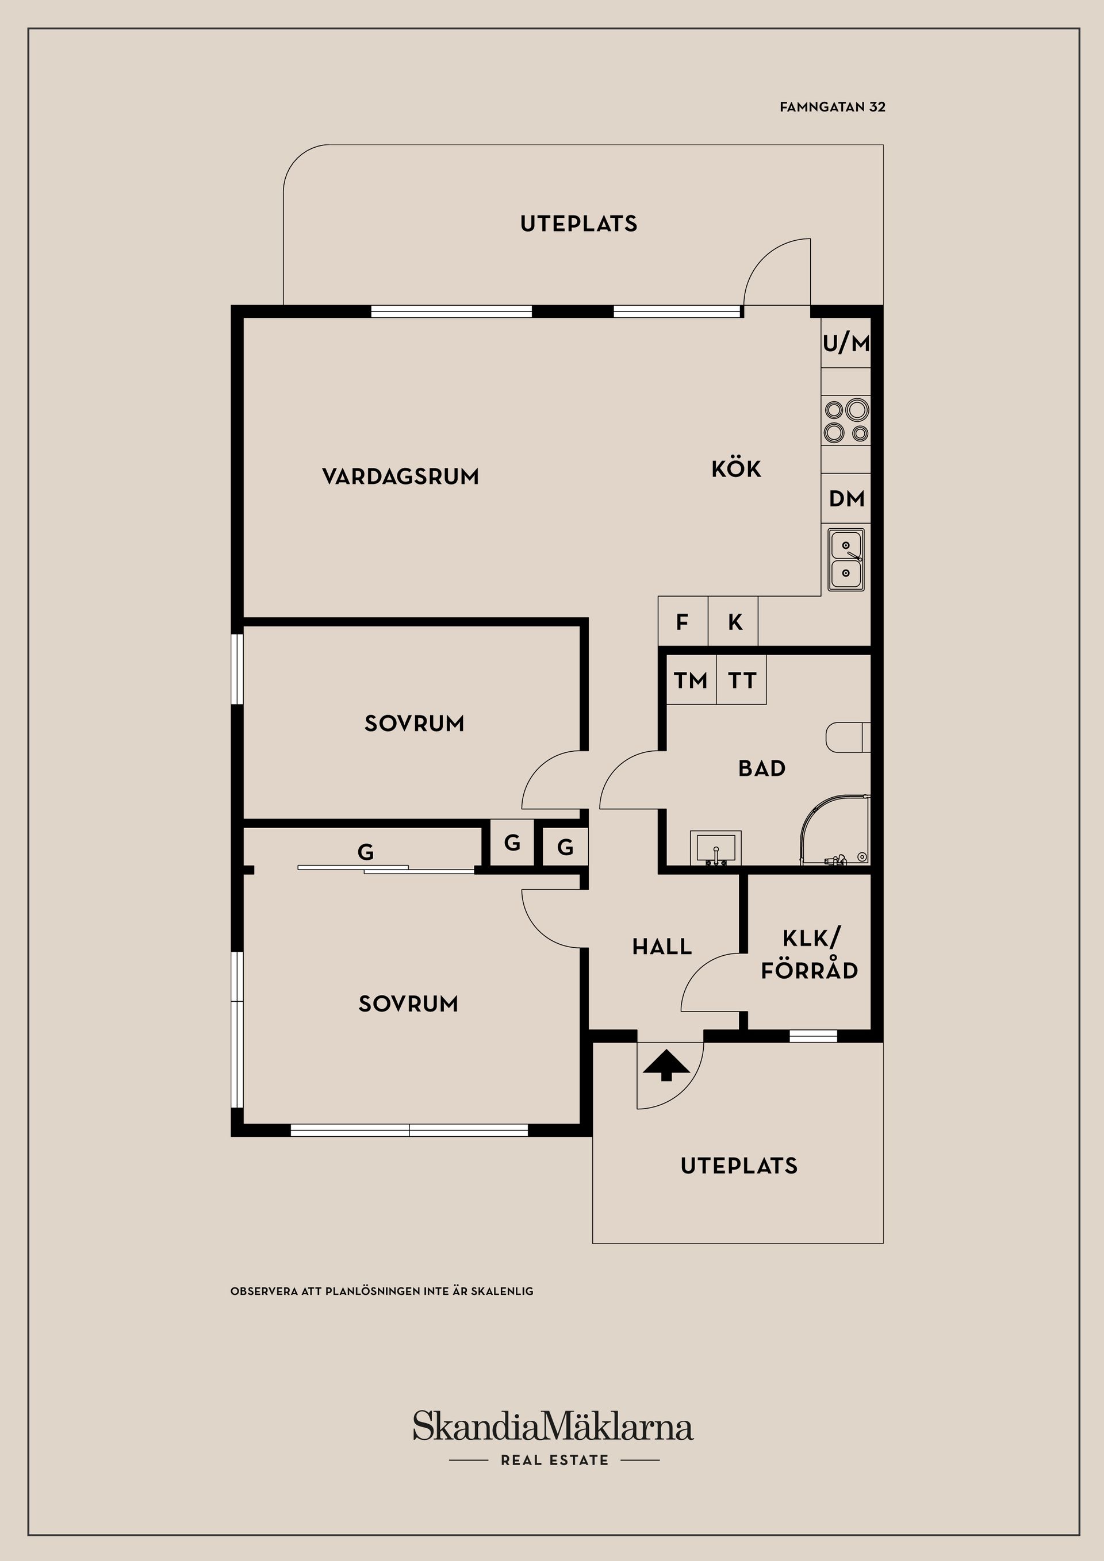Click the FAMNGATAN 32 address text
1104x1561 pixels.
[833, 107]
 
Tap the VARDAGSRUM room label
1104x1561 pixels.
[401, 476]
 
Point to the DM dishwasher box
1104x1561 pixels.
[846, 498]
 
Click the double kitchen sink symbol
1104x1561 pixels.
[846, 560]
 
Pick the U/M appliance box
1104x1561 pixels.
[846, 343]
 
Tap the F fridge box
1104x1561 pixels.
[683, 621]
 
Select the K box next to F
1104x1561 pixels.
[733, 621]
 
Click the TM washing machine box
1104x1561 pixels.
[691, 679]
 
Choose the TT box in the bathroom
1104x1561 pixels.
[741, 679]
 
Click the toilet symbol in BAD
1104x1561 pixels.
[848, 737]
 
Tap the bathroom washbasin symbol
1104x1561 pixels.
[716, 848]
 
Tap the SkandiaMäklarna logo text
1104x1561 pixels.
[553, 1426]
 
